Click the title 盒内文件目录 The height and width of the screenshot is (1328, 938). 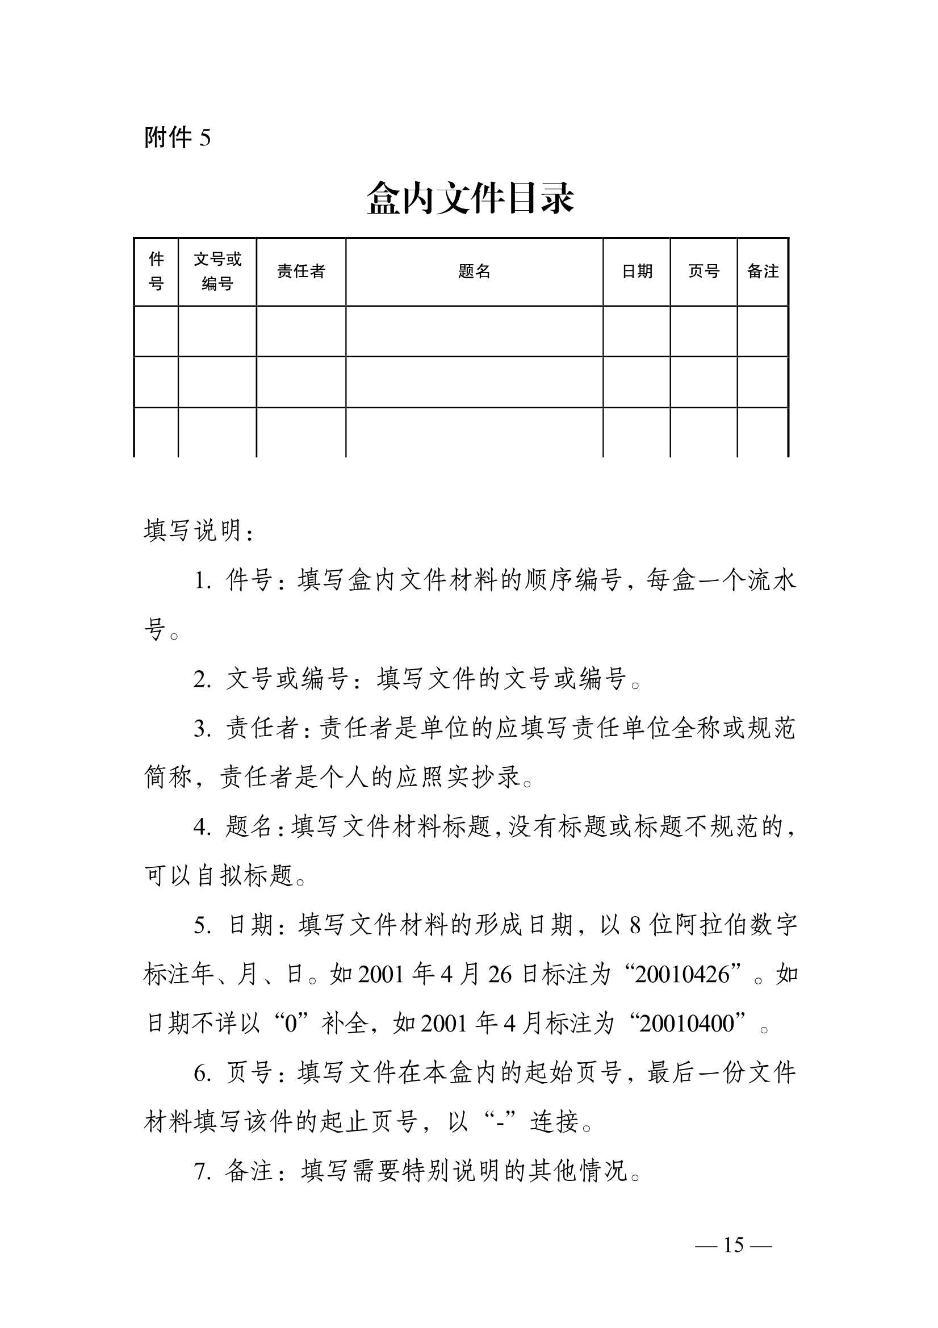coord(470,198)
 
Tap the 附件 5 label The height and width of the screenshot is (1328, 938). coord(178,137)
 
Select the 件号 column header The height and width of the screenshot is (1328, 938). coord(156,272)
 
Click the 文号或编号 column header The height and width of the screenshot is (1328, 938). coord(217,272)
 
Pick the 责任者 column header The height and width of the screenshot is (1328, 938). coord(301,272)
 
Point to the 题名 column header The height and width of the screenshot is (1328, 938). coord(474,272)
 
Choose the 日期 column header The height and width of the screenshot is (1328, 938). coord(636,272)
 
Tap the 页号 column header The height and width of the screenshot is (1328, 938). coord(704,272)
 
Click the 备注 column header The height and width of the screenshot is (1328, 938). coord(763,272)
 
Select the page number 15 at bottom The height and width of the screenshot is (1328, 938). coord(733,1245)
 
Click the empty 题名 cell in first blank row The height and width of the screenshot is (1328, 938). coord(474,331)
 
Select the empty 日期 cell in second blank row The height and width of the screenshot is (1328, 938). coord(636,382)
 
